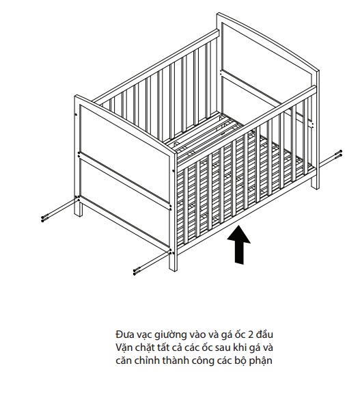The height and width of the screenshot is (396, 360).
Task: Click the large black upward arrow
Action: (x=239, y=244)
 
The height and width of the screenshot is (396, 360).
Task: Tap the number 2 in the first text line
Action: (x=251, y=335)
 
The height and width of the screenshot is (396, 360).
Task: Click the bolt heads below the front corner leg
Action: (x=137, y=272)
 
